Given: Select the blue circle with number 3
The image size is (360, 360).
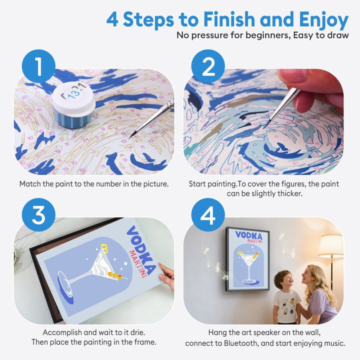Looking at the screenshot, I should pyautogui.click(x=38, y=215).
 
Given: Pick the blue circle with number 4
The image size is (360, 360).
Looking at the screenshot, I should pyautogui.click(x=207, y=215).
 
